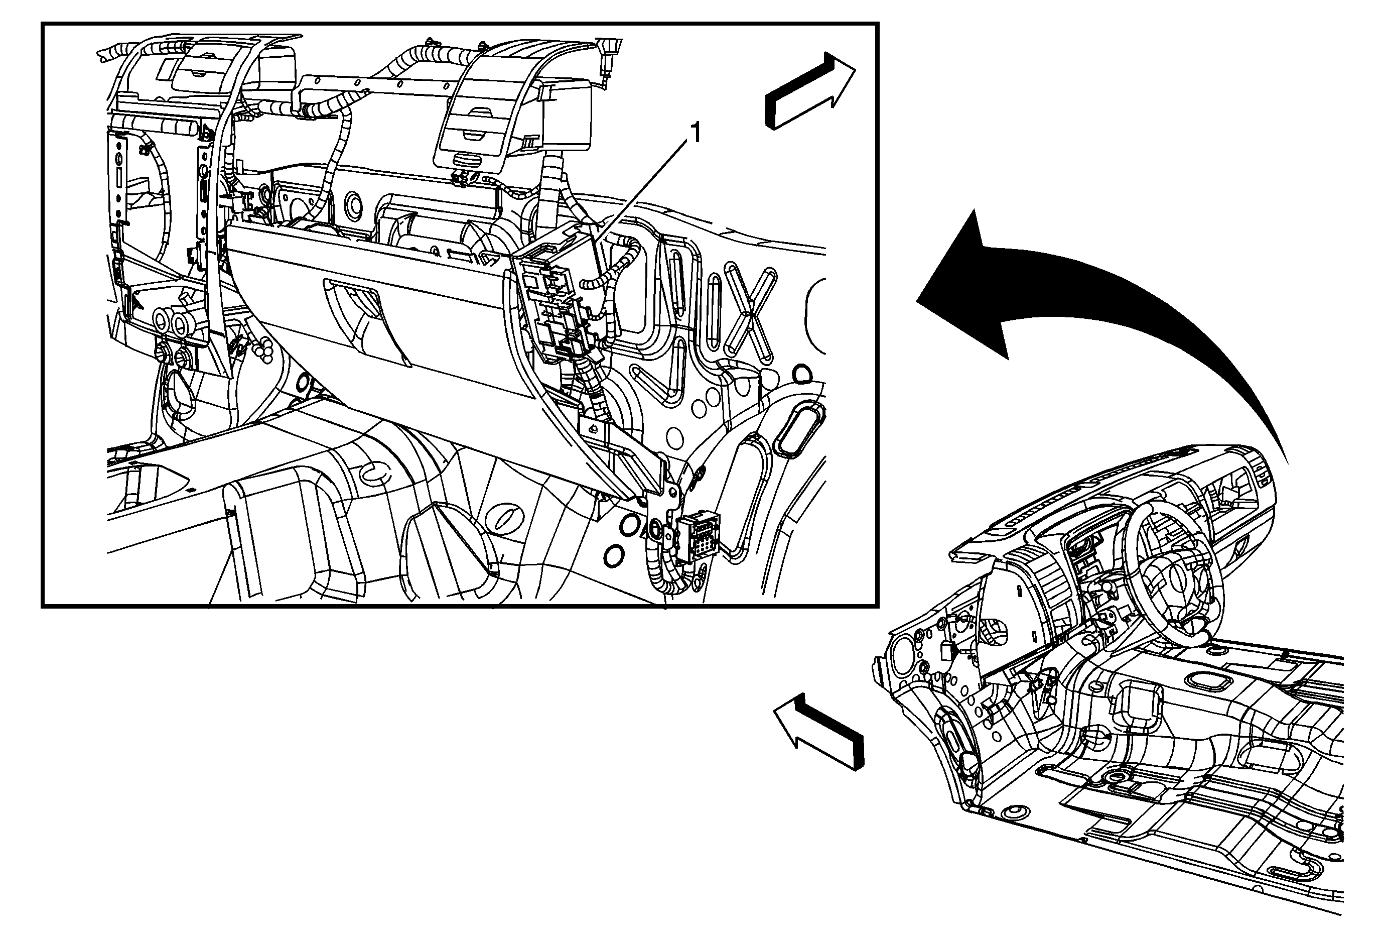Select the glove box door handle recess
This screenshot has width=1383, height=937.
[366, 321]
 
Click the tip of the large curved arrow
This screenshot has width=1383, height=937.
[917, 301]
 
